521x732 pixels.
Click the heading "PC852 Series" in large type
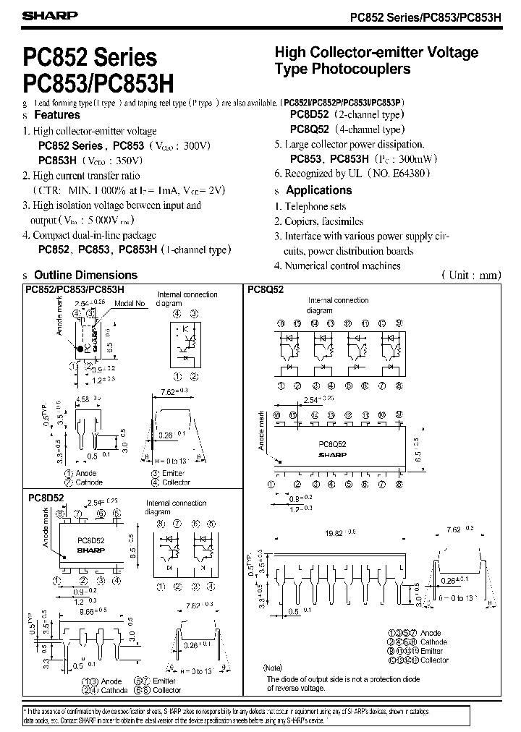click(90, 57)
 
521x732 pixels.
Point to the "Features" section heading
click(57, 115)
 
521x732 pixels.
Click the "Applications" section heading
click(318, 190)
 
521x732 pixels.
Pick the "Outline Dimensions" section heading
click(85, 275)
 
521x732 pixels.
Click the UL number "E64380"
click(411, 174)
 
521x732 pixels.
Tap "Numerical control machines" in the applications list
click(342, 265)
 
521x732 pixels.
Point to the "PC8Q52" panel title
click(265, 289)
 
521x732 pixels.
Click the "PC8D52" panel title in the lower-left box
click(46, 498)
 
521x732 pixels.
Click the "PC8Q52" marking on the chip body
click(334, 446)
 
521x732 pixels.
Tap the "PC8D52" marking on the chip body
click(91, 540)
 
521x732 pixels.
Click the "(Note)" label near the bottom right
click(273, 668)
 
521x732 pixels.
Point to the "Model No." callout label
click(132, 305)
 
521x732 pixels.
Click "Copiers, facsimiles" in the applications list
click(323, 221)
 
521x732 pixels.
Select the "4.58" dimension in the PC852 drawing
click(82, 399)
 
